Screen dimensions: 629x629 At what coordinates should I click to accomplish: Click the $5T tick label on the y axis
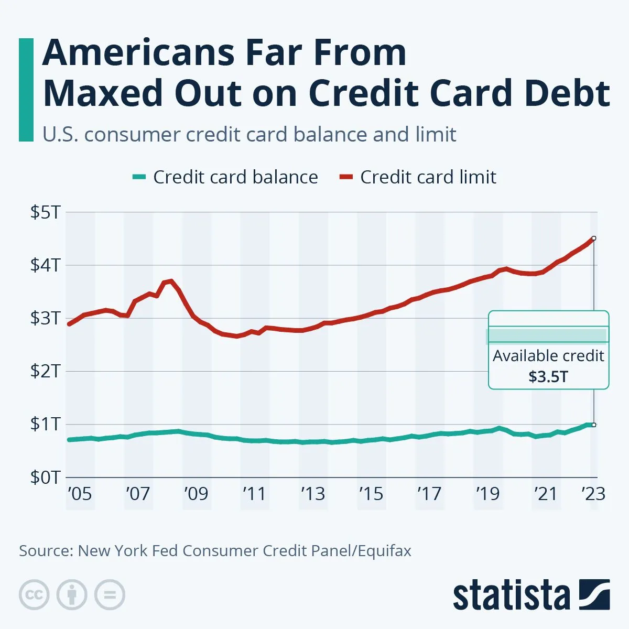click(x=46, y=212)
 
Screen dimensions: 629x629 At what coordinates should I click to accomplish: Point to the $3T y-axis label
click(x=46, y=318)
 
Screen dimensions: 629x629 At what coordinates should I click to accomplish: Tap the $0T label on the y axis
click(x=46, y=477)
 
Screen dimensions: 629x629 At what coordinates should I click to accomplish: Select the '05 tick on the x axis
click(x=80, y=494)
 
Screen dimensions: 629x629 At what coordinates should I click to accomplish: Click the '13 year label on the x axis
click(x=313, y=494)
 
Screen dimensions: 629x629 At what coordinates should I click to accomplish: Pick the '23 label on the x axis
click(x=593, y=494)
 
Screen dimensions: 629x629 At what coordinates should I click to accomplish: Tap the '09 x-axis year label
click(x=196, y=494)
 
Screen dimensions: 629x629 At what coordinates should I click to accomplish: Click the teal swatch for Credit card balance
click(x=139, y=177)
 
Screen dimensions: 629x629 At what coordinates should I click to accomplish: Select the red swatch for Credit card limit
click(x=346, y=177)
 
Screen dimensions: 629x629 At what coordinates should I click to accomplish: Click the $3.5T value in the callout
click(x=548, y=377)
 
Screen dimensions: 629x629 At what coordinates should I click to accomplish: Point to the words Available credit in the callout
click(x=548, y=356)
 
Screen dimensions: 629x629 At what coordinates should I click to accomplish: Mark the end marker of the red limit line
click(x=593, y=238)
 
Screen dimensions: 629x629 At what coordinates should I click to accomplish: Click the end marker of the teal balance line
click(x=593, y=425)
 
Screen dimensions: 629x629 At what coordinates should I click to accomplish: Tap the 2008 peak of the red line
click(x=170, y=281)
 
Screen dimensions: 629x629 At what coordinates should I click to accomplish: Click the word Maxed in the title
click(x=103, y=93)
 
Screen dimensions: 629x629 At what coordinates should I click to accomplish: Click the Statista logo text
click(x=511, y=595)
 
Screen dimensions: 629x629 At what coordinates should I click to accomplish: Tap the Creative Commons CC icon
click(x=34, y=595)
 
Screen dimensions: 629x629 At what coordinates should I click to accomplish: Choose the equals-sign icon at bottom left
click(x=110, y=595)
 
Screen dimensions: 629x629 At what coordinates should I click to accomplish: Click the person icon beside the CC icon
click(x=72, y=595)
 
